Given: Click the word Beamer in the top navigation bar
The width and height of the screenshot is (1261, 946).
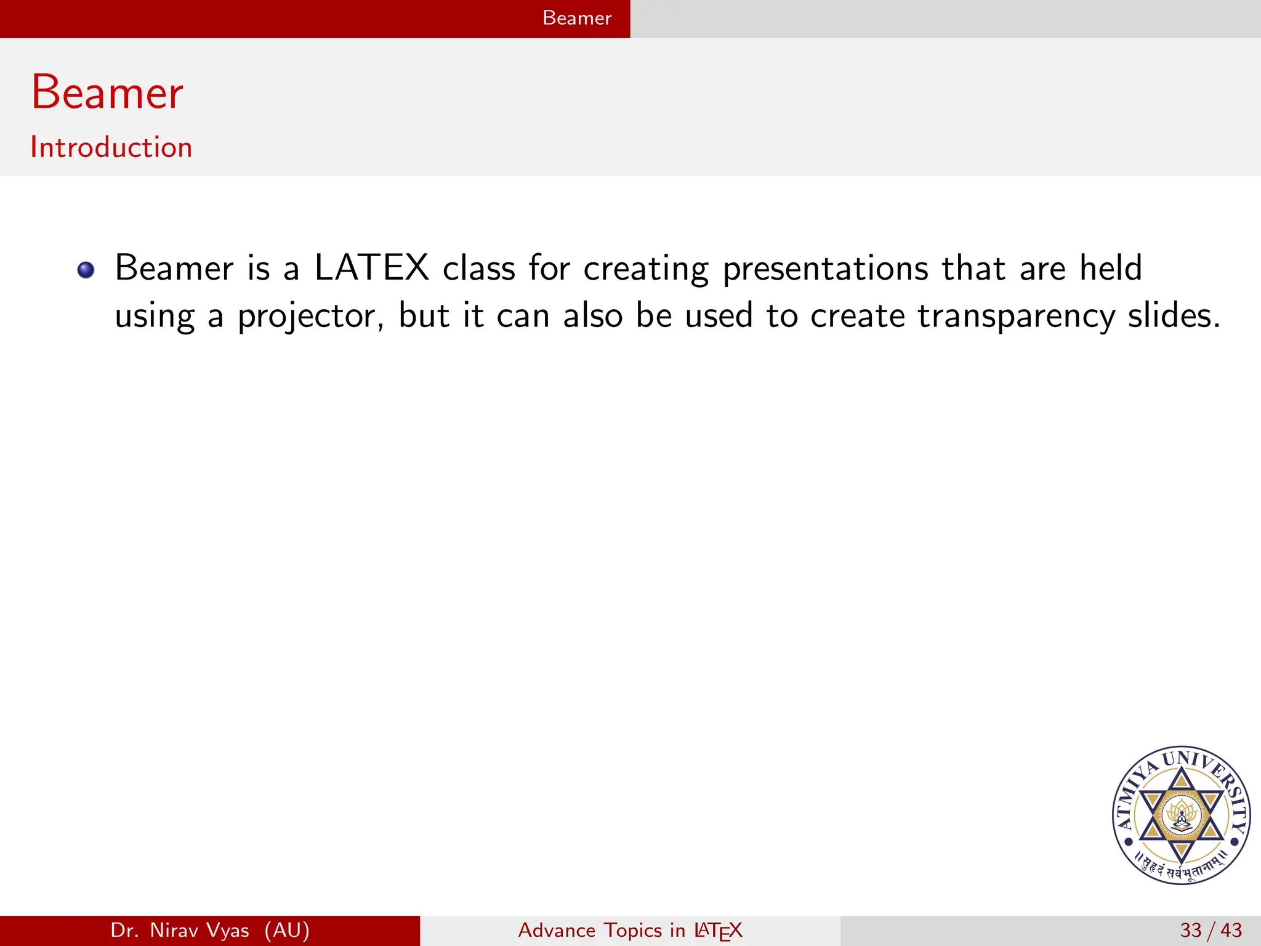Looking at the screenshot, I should click(x=576, y=18).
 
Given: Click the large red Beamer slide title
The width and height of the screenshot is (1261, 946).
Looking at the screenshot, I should click(x=107, y=92).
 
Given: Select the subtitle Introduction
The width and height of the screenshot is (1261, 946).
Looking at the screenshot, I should click(x=111, y=148).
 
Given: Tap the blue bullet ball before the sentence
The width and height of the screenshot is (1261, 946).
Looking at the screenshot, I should click(x=86, y=270).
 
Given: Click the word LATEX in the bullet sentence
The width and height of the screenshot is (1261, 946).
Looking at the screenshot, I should click(x=371, y=269).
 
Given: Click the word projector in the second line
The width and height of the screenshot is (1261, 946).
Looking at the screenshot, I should click(x=310, y=317).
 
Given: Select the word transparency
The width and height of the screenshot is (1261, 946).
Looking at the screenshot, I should click(x=1016, y=317).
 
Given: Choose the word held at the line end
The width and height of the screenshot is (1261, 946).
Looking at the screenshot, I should click(x=1111, y=269).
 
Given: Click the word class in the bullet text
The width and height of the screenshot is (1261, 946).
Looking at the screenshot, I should click(x=478, y=269).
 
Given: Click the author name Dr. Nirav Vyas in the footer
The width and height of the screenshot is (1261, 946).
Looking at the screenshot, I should click(x=180, y=930).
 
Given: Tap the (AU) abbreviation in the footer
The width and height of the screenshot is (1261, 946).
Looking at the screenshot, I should click(x=287, y=930).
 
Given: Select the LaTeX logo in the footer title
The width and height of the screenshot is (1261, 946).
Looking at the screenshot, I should click(x=718, y=931).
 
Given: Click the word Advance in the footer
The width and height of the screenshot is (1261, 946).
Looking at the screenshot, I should click(x=557, y=930).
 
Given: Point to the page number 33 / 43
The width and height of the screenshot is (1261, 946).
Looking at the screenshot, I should click(x=1211, y=930).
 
